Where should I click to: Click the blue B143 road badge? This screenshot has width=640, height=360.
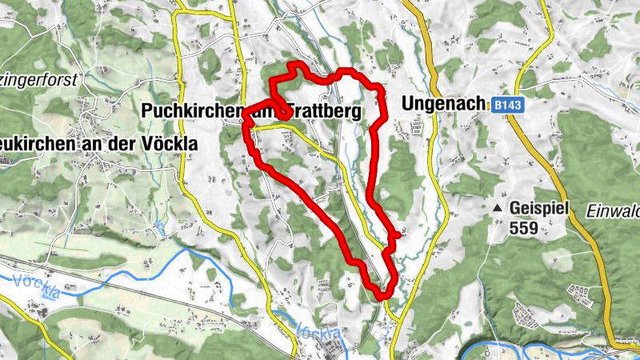(506, 105)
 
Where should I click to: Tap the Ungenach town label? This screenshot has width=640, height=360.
(443, 104)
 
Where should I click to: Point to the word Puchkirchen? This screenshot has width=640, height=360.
(192, 111)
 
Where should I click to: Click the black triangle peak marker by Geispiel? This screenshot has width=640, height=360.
(498, 208)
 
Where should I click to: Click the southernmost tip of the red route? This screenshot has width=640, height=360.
(384, 297)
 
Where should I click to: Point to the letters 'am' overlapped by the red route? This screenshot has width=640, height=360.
(268, 111)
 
